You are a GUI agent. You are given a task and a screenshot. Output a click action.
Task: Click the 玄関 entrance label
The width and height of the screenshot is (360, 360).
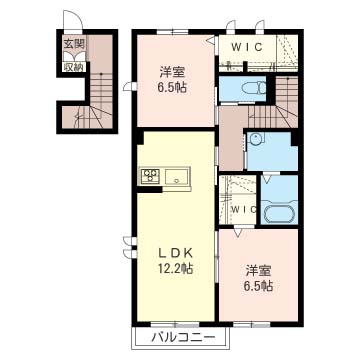click(x=74, y=44)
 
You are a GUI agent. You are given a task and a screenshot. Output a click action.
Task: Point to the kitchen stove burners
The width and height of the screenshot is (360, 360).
click(x=150, y=175)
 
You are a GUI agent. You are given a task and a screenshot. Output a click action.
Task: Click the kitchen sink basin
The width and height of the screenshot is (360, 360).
click(x=177, y=176)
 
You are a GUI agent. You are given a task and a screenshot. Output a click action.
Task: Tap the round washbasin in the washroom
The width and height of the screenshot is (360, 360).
click(x=256, y=137)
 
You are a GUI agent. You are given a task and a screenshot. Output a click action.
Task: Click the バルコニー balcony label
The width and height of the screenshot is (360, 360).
click(x=183, y=339)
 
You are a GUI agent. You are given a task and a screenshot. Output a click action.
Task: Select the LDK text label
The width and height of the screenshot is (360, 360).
click(x=175, y=253)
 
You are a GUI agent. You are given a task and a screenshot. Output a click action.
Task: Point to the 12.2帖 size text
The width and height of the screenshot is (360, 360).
click(x=175, y=268)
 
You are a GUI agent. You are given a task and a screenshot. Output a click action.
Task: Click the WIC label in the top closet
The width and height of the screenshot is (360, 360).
click(x=247, y=47)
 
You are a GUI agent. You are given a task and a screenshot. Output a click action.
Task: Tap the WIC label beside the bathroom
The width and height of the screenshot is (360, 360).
click(x=244, y=209)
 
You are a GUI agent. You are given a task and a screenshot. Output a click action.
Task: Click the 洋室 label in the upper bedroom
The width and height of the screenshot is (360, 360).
click(x=172, y=73)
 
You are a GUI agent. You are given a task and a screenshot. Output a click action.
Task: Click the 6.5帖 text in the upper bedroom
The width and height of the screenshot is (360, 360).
click(x=172, y=88)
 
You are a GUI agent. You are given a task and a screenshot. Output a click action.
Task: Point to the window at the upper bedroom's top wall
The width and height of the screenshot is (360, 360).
click(x=172, y=32)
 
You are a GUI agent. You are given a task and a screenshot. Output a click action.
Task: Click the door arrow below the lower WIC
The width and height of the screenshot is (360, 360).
click(x=238, y=232)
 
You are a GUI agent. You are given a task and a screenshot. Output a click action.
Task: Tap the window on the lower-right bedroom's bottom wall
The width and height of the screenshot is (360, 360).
click(x=251, y=324)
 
